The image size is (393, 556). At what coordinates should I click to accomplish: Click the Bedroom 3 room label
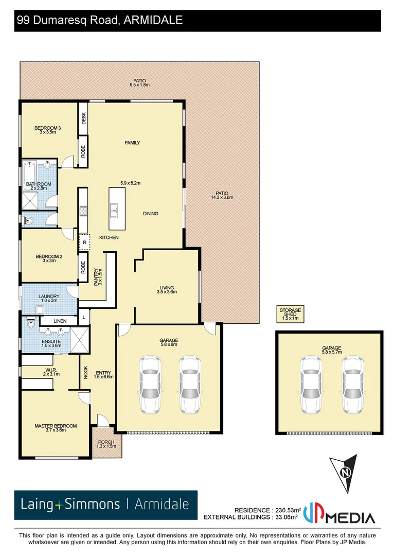pos(47,128)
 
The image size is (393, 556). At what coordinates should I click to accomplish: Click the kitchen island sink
pos(114,209)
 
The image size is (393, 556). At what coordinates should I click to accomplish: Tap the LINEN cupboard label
pos(60,321)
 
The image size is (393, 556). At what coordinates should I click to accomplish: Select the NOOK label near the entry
pos(85,372)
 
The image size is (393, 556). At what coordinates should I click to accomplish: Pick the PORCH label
pos(106,442)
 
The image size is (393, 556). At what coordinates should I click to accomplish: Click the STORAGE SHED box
pos(290,314)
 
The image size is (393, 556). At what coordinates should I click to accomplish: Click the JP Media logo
pos(339,514)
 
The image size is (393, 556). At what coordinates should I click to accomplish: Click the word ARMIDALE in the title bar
pos(154,20)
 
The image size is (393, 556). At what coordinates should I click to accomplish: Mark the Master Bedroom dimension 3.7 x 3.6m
pos(56,430)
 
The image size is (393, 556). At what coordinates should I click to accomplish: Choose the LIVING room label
pos(167,287)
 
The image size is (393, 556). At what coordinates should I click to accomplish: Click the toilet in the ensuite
pos(30,324)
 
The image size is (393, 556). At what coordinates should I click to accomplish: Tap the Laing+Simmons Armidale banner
pos(105,505)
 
